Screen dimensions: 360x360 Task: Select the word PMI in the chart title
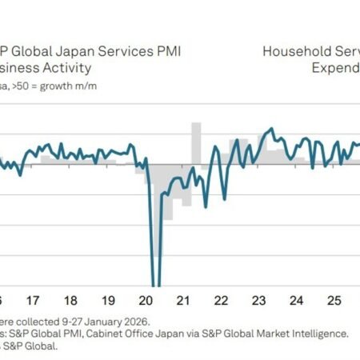(x=166, y=52)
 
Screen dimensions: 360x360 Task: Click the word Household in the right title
(x=295, y=52)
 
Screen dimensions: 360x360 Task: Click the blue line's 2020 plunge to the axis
(x=155, y=272)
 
